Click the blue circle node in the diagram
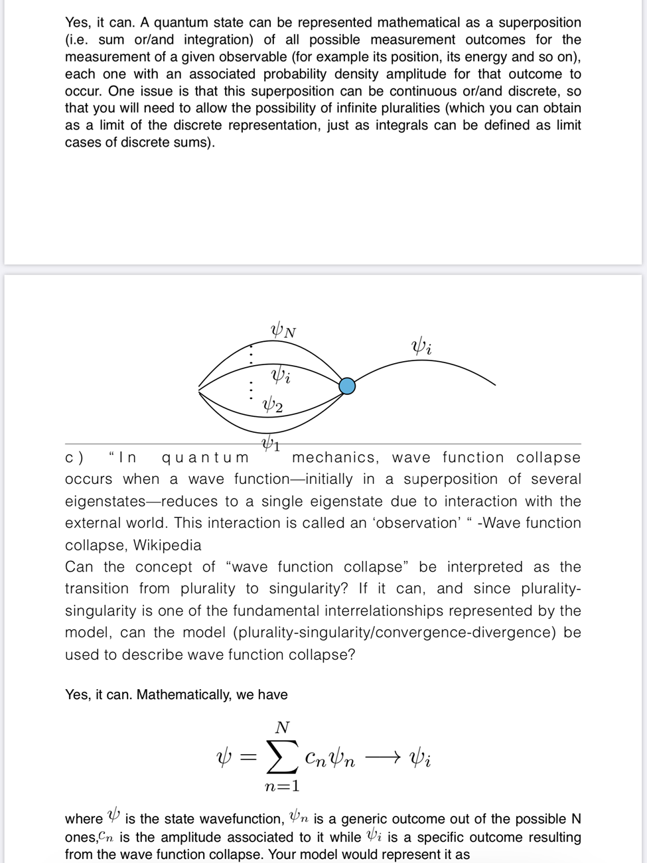click(347, 385)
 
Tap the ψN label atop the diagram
click(283, 330)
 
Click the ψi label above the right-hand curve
click(421, 347)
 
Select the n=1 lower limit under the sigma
click(282, 787)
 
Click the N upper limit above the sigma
click(282, 727)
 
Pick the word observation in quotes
click(417, 523)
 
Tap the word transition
click(97, 589)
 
